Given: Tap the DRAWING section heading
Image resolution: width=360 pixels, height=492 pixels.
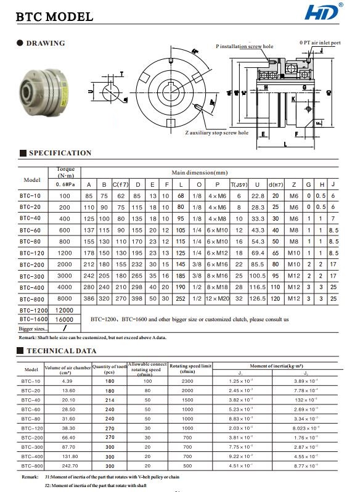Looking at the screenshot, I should coord(45,43).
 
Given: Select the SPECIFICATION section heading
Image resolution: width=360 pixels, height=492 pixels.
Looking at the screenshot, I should coord(60,153).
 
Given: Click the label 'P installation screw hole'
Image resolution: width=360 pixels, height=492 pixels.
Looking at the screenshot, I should coord(244,46).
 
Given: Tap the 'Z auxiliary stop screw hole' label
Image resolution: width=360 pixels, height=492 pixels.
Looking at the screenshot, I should coord(217,133).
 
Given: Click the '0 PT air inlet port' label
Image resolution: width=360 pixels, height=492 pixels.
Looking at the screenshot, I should coord(320,43).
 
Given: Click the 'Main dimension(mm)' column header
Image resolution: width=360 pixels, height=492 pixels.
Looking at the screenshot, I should coord(199,173).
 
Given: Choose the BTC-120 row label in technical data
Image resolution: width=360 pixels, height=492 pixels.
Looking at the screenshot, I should coord(31,428).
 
